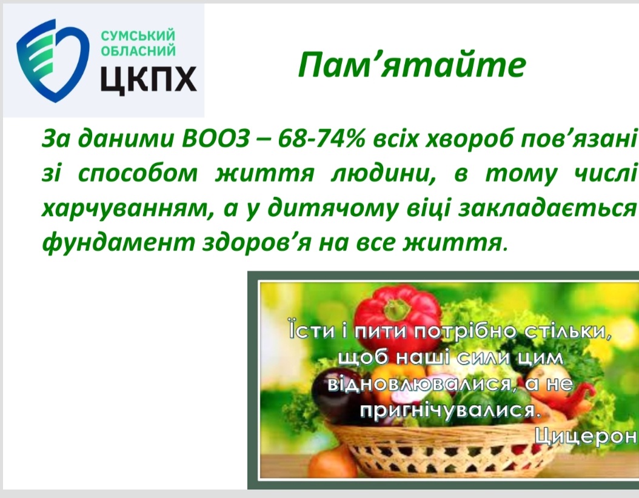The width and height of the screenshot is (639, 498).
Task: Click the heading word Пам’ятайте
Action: point(412,65)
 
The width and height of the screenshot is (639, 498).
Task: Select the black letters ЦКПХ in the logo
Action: point(149,79)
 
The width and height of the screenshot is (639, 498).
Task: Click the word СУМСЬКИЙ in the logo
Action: point(138,36)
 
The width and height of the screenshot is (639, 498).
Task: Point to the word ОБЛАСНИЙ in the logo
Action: point(138,51)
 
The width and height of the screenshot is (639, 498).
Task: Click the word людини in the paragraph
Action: point(382,173)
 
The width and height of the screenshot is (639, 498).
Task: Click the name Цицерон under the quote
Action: point(585,436)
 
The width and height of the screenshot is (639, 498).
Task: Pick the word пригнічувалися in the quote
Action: point(450,410)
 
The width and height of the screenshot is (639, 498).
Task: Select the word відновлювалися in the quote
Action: point(419,383)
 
